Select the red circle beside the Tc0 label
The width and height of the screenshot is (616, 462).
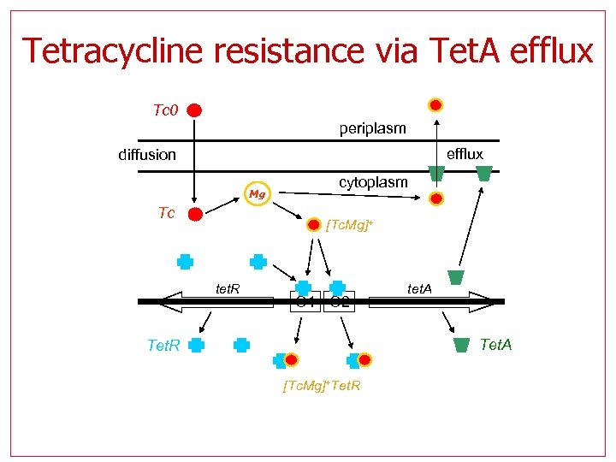coord(195,110)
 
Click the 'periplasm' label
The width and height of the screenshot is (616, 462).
coord(372,128)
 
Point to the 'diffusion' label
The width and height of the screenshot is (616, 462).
coord(147,155)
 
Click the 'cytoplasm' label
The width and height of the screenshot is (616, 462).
coord(373,182)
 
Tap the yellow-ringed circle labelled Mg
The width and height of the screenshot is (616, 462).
coord(256,195)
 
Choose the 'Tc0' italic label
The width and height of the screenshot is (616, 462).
coord(164,110)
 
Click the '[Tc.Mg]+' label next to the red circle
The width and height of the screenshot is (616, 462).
coord(350,225)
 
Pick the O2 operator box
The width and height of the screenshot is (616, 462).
coord(339,301)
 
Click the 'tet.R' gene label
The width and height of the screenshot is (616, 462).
coord(226,289)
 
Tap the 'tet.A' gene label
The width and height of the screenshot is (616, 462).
coord(419,289)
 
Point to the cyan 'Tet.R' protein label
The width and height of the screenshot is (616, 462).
coord(163,346)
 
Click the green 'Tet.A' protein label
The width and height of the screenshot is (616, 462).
coord(496,345)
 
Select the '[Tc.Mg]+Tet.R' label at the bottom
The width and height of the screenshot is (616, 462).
coord(321,386)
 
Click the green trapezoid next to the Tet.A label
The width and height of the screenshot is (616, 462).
coord(462,345)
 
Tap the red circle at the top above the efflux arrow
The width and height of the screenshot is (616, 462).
coord(435,105)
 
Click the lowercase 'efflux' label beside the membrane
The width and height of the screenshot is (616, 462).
coord(465,154)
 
